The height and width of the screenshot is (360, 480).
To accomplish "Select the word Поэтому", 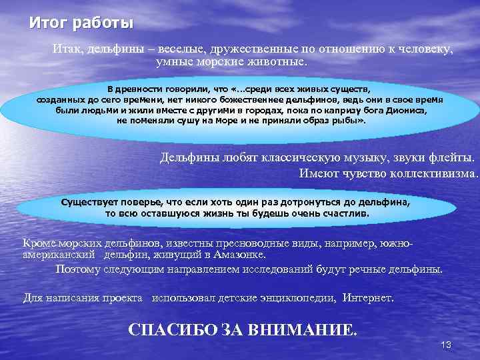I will (80, 269).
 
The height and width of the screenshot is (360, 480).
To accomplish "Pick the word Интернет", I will (368, 297).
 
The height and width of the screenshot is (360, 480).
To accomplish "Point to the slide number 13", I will (447, 345).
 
